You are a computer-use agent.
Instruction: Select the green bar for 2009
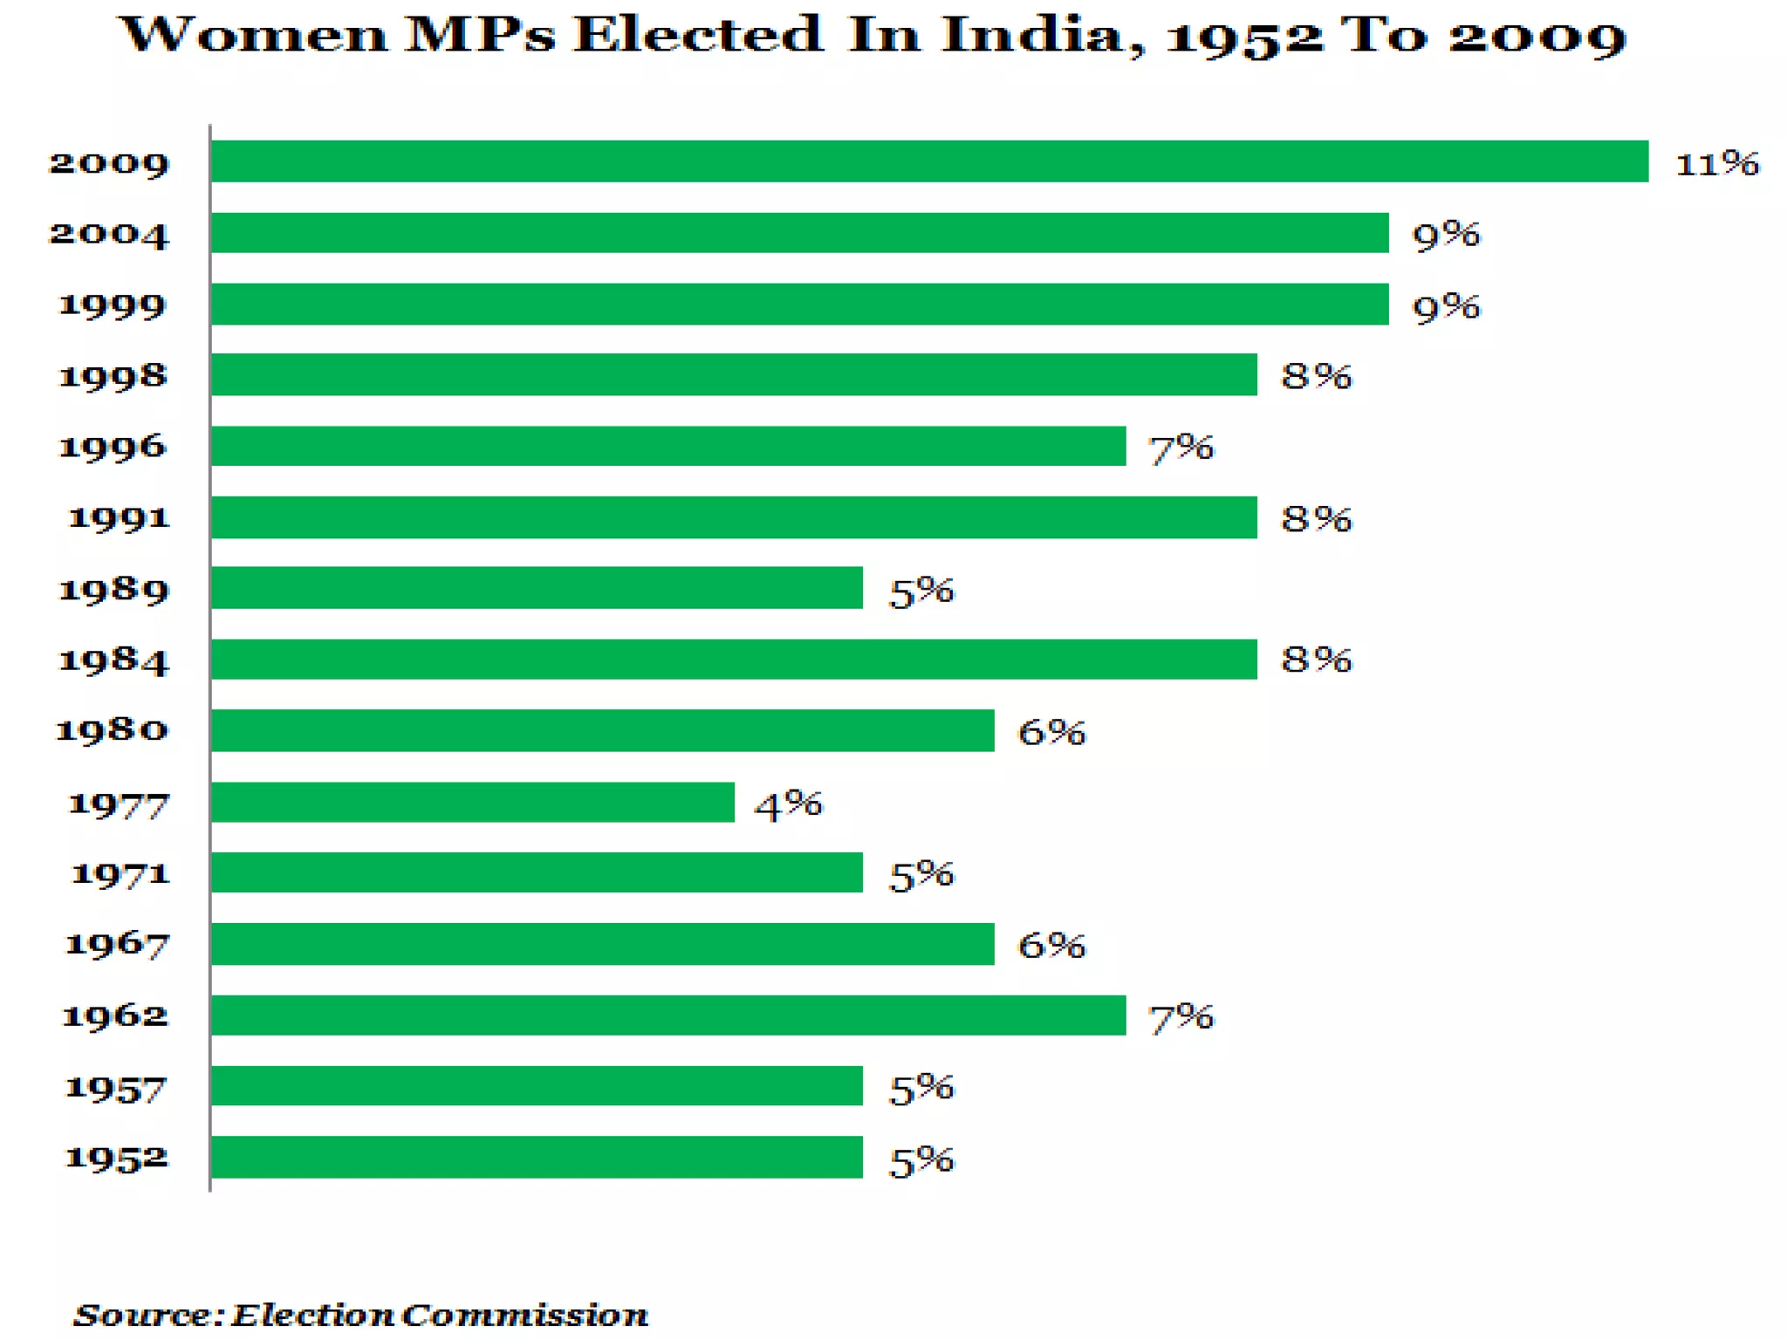(x=929, y=161)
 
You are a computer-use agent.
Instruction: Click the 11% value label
(x=1716, y=163)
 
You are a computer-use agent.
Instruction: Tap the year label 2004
(x=109, y=234)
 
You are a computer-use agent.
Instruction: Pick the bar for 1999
(x=799, y=304)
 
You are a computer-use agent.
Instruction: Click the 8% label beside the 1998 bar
(x=1316, y=376)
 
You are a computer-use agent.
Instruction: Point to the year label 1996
(x=112, y=447)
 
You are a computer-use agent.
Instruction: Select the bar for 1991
(x=733, y=517)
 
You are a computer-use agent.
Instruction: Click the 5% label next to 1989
(x=921, y=591)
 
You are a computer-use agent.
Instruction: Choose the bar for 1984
(x=733, y=660)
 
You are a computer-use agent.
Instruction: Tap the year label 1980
(x=112, y=729)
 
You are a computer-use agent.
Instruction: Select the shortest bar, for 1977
(x=472, y=802)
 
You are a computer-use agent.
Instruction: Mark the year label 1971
(x=120, y=873)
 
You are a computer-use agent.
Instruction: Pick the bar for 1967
(x=602, y=944)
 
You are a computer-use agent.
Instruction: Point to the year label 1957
(x=115, y=1088)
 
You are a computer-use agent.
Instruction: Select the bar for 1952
(x=537, y=1157)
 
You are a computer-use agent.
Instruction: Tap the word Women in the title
(x=253, y=35)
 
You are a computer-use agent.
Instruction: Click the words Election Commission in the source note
(x=439, y=1315)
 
